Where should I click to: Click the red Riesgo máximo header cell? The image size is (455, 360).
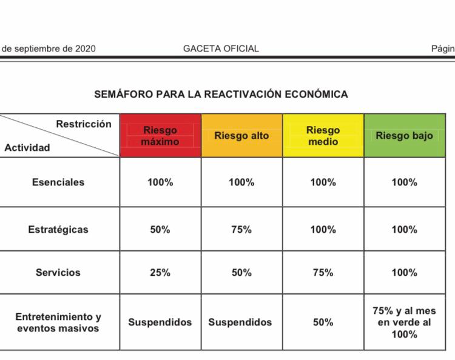pos(161,136)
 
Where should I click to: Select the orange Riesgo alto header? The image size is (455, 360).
pos(241,136)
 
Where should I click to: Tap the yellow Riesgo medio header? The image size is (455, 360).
pos(323,136)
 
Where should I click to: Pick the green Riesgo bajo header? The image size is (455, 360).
pos(405,136)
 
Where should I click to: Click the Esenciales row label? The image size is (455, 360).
pos(58,182)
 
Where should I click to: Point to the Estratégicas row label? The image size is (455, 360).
pos(58,230)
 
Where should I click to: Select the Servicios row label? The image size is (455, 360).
pos(58,273)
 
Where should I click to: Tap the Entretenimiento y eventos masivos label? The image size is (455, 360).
pos(58,322)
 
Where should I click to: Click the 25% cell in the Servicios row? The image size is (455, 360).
pos(160,273)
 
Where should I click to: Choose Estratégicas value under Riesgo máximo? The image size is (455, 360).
pos(160,230)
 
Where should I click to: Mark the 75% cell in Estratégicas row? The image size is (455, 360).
pos(241,230)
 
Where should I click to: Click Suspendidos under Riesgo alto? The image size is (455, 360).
pos(240,322)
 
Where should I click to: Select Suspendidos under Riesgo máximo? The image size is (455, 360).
pos(160,322)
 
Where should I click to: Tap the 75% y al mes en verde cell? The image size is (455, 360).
pos(405,322)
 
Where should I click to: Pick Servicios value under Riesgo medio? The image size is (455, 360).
pos(323,273)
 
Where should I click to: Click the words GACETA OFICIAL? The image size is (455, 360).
pos(221,48)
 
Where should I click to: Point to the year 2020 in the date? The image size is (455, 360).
pos(86,48)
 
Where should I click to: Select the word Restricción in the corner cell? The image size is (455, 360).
pos(84,124)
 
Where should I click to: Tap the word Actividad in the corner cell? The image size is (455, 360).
pos(27,147)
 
